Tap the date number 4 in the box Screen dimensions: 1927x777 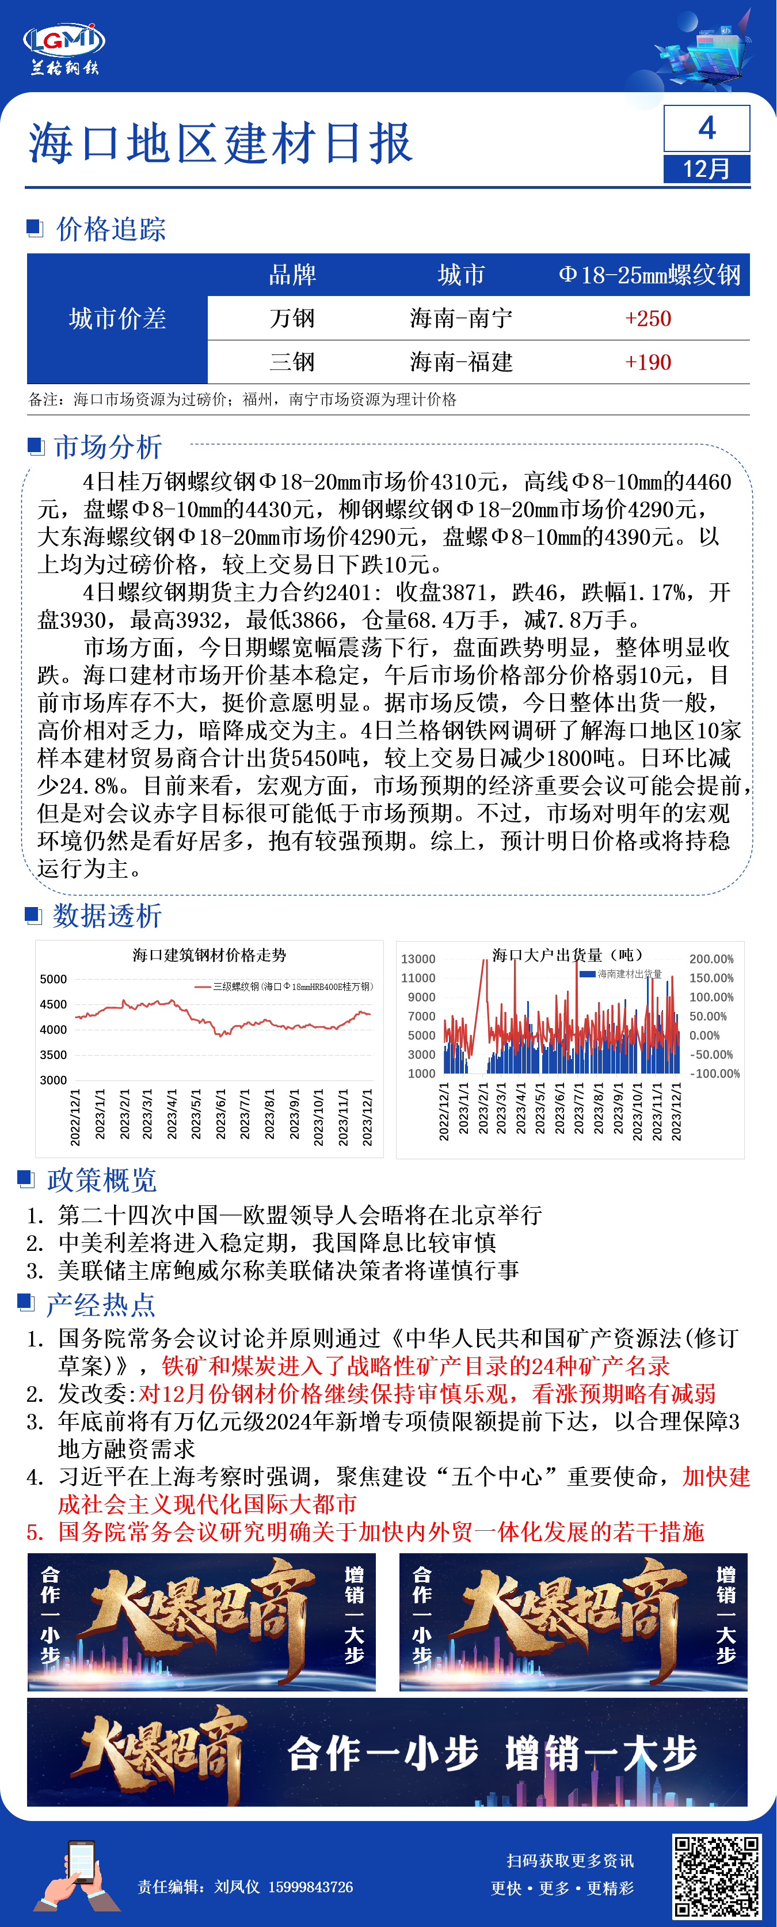(706, 128)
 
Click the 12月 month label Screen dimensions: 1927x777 (706, 168)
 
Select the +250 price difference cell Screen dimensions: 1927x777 (647, 318)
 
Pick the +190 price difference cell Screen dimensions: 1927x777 (647, 363)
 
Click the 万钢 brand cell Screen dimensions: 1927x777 (292, 318)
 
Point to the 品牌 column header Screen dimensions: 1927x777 (292, 275)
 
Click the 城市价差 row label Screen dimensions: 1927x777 (117, 318)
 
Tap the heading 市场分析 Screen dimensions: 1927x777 (108, 447)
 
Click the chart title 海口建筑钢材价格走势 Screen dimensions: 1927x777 (210, 955)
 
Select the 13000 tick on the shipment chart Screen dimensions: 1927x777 (418, 959)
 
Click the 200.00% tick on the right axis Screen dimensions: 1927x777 (711, 959)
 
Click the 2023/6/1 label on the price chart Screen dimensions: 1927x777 (220, 1114)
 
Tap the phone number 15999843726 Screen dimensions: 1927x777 (310, 1887)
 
